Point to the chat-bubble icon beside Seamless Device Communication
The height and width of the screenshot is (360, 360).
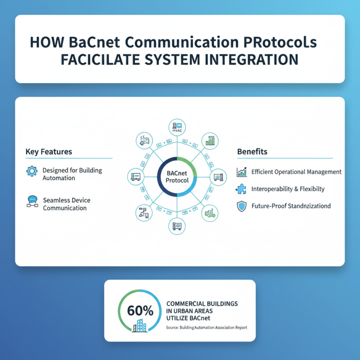(x=32, y=202)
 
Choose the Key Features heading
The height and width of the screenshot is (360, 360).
(x=49, y=152)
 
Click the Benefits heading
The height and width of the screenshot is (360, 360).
(x=252, y=152)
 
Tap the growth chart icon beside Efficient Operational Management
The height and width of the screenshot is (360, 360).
(x=242, y=172)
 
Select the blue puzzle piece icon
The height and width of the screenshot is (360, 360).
(x=242, y=189)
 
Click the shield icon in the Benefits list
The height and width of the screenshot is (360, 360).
(x=242, y=206)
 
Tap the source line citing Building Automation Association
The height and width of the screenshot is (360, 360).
(x=207, y=328)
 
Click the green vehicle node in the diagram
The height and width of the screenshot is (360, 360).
(x=210, y=212)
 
